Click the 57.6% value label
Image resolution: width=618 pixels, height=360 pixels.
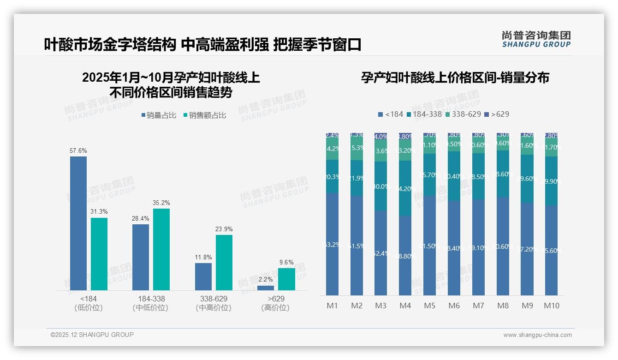(x=78, y=151)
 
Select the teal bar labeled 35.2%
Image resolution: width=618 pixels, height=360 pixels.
(x=161, y=249)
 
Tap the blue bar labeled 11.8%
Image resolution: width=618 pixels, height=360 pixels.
(x=203, y=276)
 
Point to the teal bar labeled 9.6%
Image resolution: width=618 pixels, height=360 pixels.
(x=286, y=279)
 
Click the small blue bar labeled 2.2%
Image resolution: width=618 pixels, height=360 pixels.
(x=266, y=288)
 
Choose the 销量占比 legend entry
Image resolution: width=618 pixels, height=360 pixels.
(x=159, y=115)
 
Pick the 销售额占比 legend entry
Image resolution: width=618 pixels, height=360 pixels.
(x=204, y=115)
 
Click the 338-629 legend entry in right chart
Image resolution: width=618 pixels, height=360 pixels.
(x=463, y=114)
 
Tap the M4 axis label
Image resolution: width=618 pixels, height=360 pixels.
(x=405, y=306)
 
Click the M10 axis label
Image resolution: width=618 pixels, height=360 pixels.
(x=551, y=306)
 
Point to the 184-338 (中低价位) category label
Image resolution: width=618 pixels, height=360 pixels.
(x=151, y=303)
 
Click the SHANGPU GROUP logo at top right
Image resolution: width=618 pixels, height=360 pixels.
(x=536, y=39)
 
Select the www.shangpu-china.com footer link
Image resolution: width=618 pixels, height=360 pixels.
(x=537, y=335)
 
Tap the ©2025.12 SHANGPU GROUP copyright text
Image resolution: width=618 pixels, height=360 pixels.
(x=92, y=335)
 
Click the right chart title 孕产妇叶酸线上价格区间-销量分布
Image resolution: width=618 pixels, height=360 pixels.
(x=455, y=78)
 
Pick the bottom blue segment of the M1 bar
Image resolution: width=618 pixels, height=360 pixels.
(x=332, y=244)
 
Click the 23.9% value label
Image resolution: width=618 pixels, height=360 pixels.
(x=224, y=229)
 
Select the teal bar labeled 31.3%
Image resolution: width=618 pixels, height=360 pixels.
(x=99, y=254)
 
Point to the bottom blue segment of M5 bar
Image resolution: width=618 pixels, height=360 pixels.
(x=430, y=246)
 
